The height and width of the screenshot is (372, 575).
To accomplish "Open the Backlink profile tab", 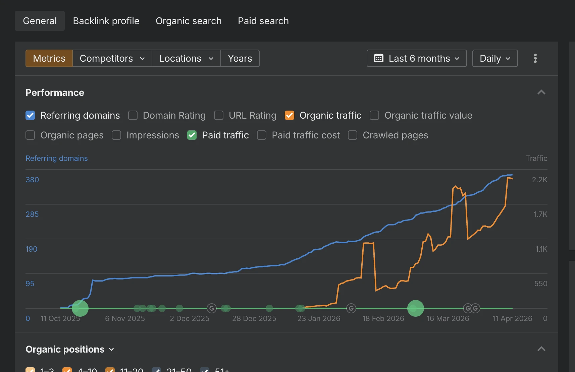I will click(106, 21).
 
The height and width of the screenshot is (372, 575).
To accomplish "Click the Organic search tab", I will click(189, 21).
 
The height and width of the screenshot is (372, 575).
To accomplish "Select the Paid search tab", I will click(263, 21).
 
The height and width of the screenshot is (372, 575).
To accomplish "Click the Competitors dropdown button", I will click(112, 58).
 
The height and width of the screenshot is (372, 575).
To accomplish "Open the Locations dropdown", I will click(186, 58).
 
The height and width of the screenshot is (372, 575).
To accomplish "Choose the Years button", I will click(240, 58).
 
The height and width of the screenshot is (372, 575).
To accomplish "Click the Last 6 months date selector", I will click(417, 58).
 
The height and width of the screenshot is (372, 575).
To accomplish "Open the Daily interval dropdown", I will click(495, 58).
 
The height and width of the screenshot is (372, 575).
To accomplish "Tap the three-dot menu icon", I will click(535, 58).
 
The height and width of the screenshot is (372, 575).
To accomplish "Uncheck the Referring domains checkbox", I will click(30, 115).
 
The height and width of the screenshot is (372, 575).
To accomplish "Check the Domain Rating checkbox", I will click(133, 115).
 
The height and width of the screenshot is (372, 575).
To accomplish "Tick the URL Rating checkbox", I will click(219, 115).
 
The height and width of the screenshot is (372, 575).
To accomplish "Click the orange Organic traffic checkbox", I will click(290, 115).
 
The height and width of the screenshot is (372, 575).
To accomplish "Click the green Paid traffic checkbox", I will click(192, 135).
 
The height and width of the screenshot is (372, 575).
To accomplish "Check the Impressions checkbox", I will click(116, 135).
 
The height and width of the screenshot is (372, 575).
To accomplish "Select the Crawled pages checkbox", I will click(353, 135).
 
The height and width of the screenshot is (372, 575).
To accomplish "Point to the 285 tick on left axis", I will click(32, 214).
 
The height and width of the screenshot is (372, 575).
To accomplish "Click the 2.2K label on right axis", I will click(539, 180).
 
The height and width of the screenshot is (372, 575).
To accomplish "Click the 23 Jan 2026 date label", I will click(319, 318).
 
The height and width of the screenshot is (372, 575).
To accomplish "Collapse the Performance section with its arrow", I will click(541, 92).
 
